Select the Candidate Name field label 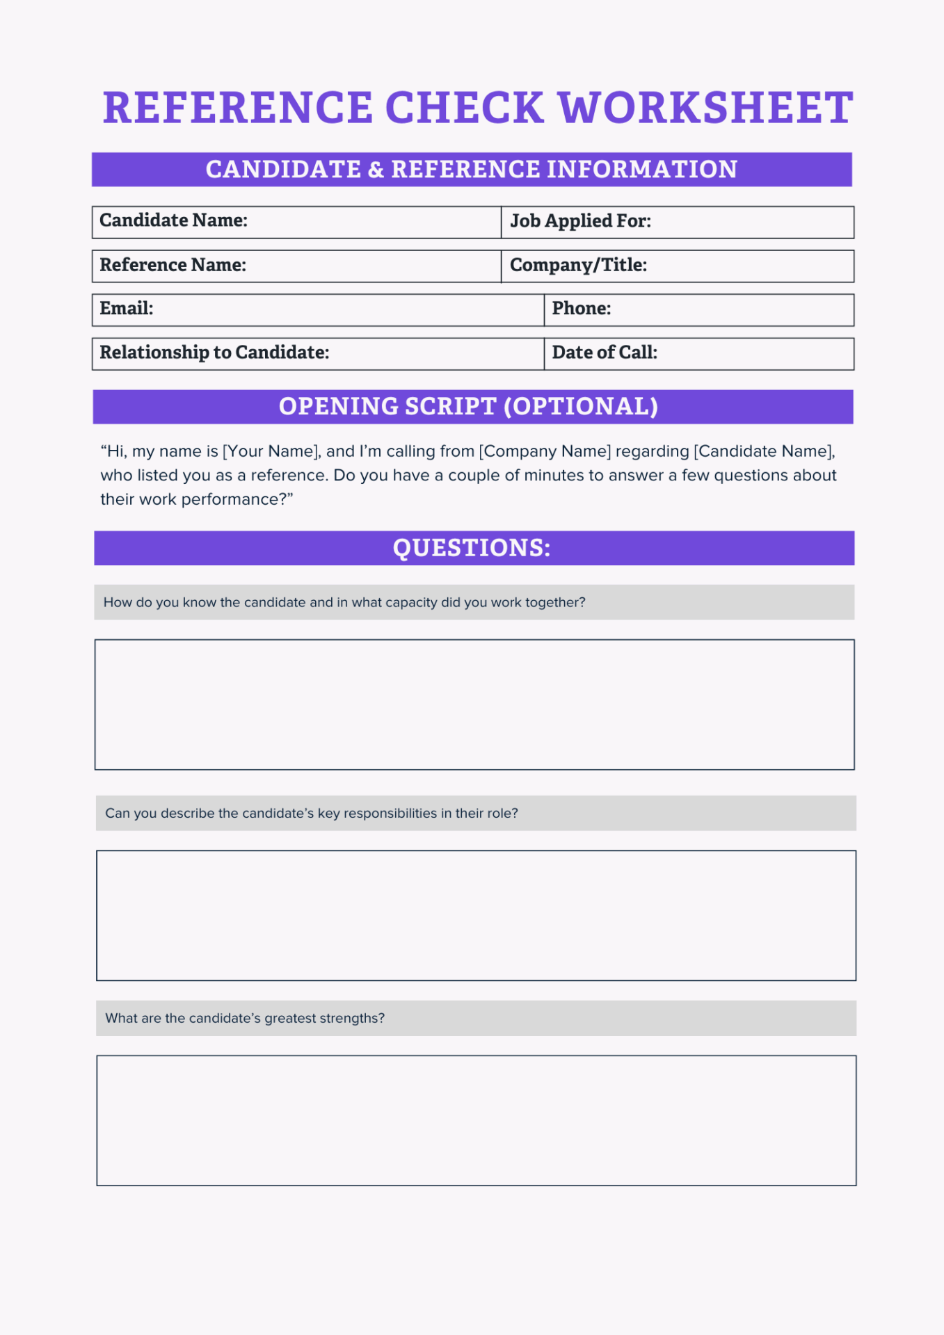coord(173,220)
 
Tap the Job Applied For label coord(580,221)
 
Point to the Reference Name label coord(173,265)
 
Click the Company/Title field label coord(578,265)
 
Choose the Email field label coord(126,309)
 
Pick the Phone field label coord(581,309)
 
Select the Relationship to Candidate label coord(214,353)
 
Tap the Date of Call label coord(604,353)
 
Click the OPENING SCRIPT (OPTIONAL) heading coord(468,407)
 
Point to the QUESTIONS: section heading coord(472,548)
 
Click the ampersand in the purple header coord(376,170)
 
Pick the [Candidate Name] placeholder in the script coord(763,451)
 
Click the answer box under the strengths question coord(476,1120)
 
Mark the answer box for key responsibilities coord(476,915)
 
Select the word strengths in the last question coord(352,1019)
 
